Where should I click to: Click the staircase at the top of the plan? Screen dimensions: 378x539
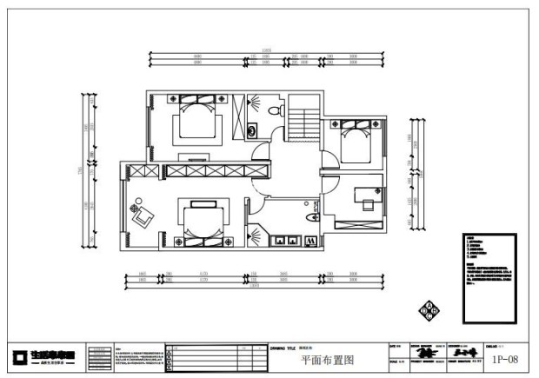pyautogui.click(x=304, y=116)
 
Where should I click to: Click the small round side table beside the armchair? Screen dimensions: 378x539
pyautogui.click(x=134, y=205)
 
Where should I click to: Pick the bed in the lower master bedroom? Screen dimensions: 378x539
pyautogui.click(x=200, y=221)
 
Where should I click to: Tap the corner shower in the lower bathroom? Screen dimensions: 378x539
pyautogui.click(x=256, y=236)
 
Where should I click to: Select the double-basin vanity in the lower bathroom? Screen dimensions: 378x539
pyautogui.click(x=286, y=240)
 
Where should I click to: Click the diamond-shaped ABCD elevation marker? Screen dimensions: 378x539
pyautogui.click(x=428, y=309)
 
